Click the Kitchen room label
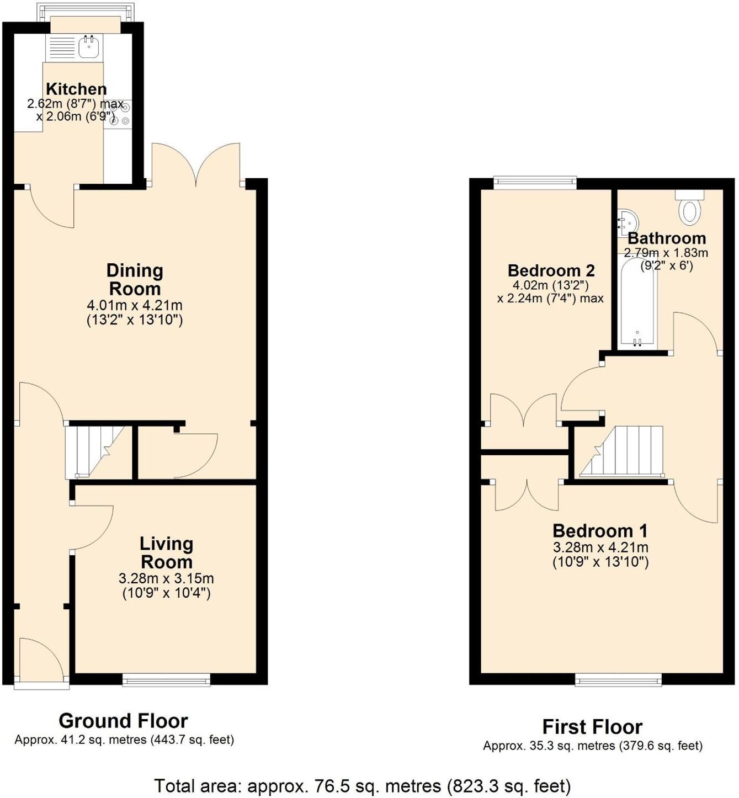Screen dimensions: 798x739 click(x=76, y=89)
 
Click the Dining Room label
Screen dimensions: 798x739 click(x=135, y=279)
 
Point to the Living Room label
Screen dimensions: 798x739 click(x=166, y=552)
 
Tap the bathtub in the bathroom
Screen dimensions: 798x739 click(x=637, y=304)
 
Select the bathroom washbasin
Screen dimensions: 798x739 click(x=627, y=221)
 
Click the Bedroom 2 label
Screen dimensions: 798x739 click(x=551, y=270)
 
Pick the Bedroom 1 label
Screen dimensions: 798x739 click(x=600, y=531)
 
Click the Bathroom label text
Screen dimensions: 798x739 click(x=667, y=238)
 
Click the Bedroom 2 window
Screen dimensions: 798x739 click(x=535, y=183)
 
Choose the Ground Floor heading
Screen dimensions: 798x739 click(x=123, y=721)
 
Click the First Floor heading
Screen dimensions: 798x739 click(x=592, y=727)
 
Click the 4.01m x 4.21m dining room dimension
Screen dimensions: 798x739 click(x=135, y=305)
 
